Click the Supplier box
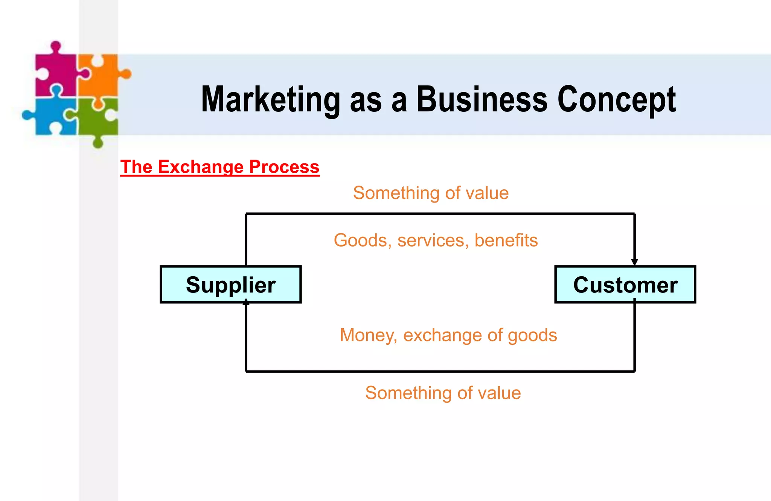[x=230, y=285]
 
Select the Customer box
[x=625, y=285]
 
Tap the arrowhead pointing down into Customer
[x=634, y=262]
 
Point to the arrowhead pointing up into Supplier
[x=246, y=302]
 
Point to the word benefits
[x=506, y=240]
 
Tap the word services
[x=431, y=240]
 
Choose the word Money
[x=368, y=335]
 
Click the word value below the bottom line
[x=499, y=393]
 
